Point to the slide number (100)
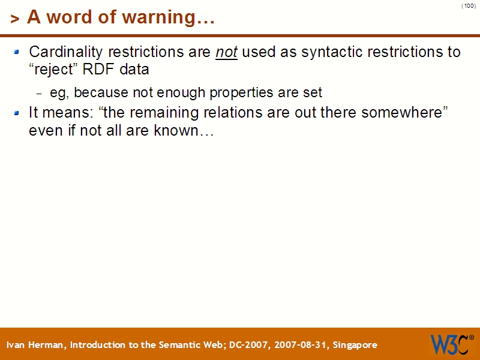(x=469, y=6)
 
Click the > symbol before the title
(x=15, y=19)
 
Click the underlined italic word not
(x=226, y=52)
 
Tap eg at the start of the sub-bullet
(x=57, y=92)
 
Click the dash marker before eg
(x=40, y=94)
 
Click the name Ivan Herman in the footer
(x=36, y=345)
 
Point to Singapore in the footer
(x=355, y=345)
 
